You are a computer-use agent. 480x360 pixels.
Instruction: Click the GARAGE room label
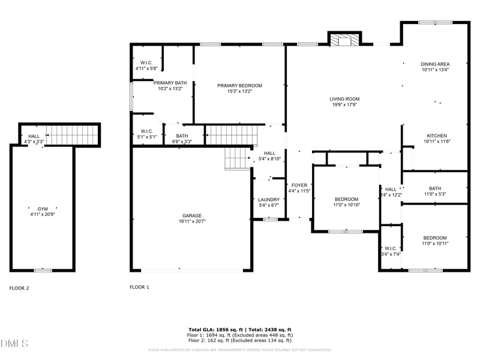point(192,215)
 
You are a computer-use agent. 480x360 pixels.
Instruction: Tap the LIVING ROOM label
point(344,99)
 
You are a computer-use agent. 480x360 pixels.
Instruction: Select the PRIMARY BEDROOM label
point(239,86)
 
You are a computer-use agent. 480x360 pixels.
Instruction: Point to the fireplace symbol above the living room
point(345,40)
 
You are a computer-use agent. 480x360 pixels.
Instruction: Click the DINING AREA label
point(435,64)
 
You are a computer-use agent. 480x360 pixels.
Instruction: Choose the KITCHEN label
point(436,136)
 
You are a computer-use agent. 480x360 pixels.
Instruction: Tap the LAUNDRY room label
point(269,199)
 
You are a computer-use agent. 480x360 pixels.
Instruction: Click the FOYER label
point(299,185)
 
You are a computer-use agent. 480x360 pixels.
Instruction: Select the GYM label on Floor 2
point(43,209)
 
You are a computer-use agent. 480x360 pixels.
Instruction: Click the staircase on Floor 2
point(71,135)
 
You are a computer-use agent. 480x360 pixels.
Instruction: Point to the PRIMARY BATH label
point(170,83)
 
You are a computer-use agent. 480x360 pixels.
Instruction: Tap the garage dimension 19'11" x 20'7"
point(192,221)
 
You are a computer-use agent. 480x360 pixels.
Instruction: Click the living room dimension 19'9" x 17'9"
point(344,105)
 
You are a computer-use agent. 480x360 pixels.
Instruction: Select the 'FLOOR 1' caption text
point(139,287)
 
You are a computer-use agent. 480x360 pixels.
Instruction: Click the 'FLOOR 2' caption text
point(19,288)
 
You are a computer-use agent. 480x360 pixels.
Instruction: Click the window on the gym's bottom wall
point(42,271)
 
